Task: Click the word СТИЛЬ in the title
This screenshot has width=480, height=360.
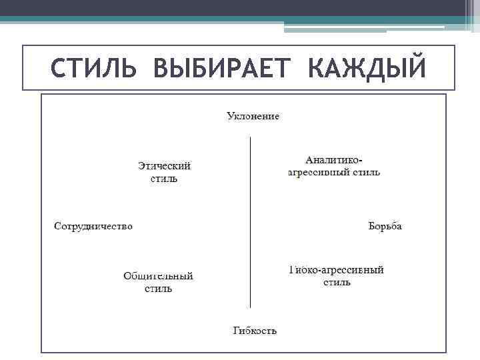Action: (93, 67)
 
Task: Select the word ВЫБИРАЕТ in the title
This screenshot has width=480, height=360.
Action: (221, 67)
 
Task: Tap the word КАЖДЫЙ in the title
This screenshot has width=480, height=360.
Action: (367, 67)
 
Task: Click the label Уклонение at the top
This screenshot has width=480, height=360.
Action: (253, 117)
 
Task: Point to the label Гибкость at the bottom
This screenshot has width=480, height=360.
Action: (255, 331)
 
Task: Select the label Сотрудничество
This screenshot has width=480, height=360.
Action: (93, 226)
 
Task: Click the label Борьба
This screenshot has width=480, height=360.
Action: (385, 226)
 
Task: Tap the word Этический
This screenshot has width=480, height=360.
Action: (164, 166)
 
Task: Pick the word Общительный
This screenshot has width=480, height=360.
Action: (159, 276)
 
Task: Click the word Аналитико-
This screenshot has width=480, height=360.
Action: (334, 160)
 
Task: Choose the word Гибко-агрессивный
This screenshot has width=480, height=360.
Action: (337, 270)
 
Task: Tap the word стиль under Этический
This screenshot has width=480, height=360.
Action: (164, 179)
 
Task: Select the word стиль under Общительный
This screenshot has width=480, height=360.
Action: (159, 289)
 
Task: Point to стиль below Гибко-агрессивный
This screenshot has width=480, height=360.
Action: (337, 283)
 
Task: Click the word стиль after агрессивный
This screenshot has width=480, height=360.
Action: (367, 172)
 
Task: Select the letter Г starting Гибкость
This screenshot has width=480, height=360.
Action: (237, 331)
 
